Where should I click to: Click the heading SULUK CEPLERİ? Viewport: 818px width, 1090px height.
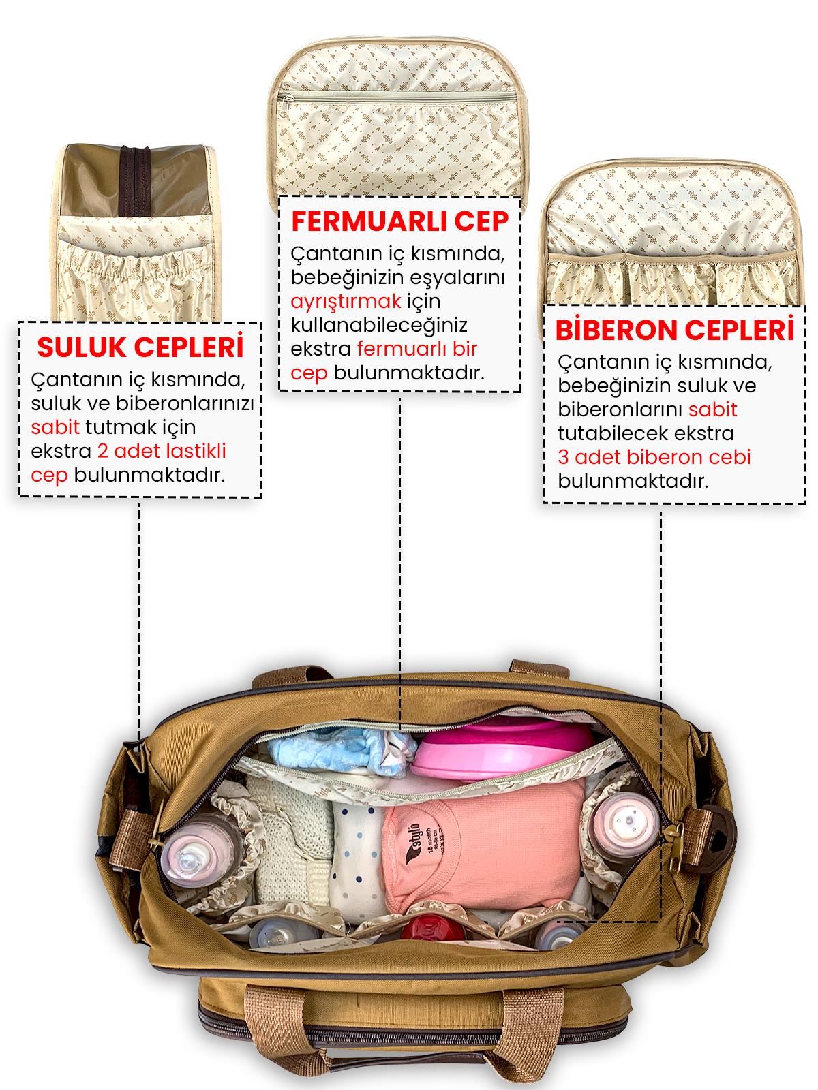click(x=140, y=347)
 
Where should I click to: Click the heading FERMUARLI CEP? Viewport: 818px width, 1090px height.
click(x=400, y=221)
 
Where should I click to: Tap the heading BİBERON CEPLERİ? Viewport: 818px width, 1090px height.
click(x=674, y=330)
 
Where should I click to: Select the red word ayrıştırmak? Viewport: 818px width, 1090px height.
click(x=346, y=301)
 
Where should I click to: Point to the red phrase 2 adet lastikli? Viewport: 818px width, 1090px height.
click(x=162, y=451)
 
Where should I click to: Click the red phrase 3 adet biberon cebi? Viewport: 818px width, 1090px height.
click(x=654, y=457)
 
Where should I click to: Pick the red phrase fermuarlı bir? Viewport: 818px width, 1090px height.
click(x=416, y=349)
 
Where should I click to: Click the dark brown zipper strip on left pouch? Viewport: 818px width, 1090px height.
click(x=135, y=181)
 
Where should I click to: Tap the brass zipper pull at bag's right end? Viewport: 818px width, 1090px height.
click(x=674, y=844)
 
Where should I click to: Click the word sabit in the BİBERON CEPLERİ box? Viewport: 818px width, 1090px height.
click(x=712, y=409)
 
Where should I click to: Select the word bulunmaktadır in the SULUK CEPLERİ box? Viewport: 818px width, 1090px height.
click(x=149, y=476)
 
